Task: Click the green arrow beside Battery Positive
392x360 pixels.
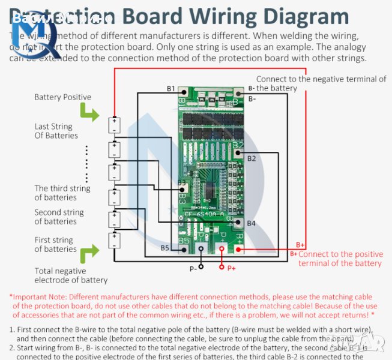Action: pyautogui.click(x=89, y=112)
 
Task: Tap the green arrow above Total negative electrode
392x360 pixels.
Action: pyautogui.click(x=89, y=254)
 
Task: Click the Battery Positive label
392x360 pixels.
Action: pyautogui.click(x=62, y=97)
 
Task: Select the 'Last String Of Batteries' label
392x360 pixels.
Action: pyautogui.click(x=55, y=131)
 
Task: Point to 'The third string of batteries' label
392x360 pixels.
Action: pyautogui.click(x=62, y=193)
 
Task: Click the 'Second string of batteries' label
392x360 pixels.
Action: pyautogui.click(x=59, y=217)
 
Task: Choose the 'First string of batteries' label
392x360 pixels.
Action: pyautogui.click(x=55, y=244)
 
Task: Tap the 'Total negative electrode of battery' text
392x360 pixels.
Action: pyautogui.click(x=70, y=275)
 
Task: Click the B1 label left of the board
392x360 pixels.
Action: pyautogui.click(x=171, y=89)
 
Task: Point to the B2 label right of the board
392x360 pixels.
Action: pyautogui.click(x=252, y=158)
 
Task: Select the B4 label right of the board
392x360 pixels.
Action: pyautogui.click(x=251, y=223)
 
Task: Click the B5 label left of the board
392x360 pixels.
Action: pyautogui.click(x=164, y=248)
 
